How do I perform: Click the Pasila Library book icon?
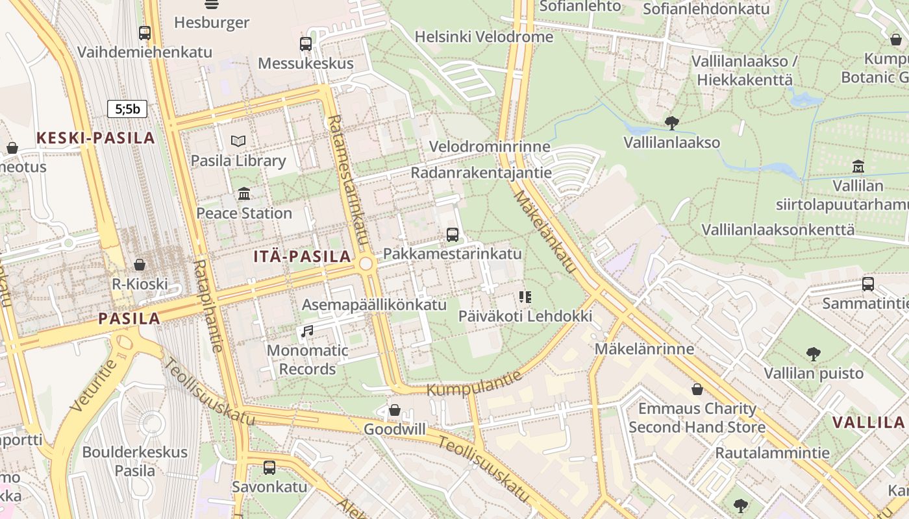(238, 141)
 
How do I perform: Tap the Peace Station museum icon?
(244, 193)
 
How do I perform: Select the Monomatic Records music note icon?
(307, 332)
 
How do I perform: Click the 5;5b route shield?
(127, 109)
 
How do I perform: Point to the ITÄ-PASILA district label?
(303, 256)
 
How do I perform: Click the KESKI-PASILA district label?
(95, 138)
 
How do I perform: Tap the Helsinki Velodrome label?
(484, 37)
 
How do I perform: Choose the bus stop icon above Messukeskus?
(306, 44)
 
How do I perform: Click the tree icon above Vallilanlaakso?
(672, 123)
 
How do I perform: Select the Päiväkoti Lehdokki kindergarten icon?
(525, 297)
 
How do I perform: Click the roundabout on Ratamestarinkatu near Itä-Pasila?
(366, 264)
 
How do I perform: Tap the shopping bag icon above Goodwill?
(394, 410)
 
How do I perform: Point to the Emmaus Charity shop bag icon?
(697, 389)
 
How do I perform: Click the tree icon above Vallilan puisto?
(813, 354)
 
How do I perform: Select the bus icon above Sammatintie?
(867, 284)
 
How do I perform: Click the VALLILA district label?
(868, 422)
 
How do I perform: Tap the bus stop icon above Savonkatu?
(269, 467)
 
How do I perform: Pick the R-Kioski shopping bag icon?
(139, 265)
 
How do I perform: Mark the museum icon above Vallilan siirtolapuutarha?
(858, 167)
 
